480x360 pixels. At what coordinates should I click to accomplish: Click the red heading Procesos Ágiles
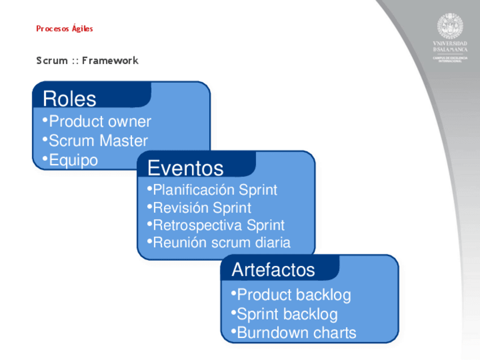click(65, 28)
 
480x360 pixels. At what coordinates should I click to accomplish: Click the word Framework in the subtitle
click(110, 61)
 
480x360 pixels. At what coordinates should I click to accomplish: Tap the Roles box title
click(70, 98)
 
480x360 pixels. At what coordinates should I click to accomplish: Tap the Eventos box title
click(185, 168)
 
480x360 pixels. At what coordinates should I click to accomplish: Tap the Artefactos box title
click(273, 269)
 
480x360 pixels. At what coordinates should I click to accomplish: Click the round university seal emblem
click(450, 25)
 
